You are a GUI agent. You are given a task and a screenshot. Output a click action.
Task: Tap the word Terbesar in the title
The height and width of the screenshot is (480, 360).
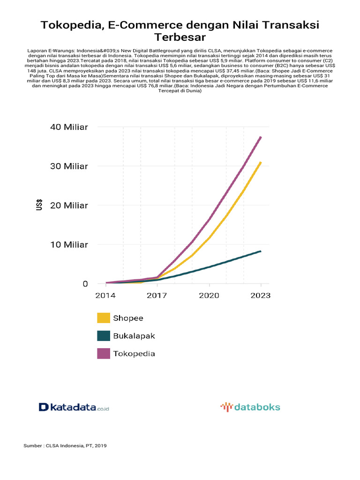(x=180, y=37)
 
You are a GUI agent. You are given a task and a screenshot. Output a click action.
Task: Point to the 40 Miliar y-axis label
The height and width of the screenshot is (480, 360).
(x=69, y=127)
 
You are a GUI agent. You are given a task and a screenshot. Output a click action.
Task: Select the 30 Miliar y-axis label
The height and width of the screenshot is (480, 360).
(x=69, y=166)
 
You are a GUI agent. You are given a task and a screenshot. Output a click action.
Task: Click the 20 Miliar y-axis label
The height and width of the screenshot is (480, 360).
(x=69, y=205)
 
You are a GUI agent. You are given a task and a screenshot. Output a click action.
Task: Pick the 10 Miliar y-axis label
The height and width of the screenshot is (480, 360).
(x=69, y=245)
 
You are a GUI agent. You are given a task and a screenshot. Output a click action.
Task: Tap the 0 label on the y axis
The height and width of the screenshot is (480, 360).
(x=85, y=284)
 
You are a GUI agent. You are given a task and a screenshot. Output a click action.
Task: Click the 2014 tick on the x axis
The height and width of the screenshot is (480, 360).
(x=105, y=295)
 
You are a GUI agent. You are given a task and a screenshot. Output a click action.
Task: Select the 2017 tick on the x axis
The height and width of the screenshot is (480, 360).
(x=157, y=295)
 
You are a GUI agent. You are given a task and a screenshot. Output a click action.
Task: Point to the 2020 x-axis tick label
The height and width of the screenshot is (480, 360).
(x=209, y=295)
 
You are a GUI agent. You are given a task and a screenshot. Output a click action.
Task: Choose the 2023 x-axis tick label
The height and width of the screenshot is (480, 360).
(x=261, y=295)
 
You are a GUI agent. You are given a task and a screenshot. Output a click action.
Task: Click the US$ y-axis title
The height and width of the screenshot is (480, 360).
(x=39, y=205)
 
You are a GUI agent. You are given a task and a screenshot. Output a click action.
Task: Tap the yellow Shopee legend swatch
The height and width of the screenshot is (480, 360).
(x=104, y=318)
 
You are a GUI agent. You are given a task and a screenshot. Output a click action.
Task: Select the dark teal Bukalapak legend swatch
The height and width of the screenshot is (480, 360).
(x=104, y=336)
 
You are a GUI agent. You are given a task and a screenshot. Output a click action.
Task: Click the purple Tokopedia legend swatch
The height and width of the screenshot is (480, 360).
(x=104, y=353)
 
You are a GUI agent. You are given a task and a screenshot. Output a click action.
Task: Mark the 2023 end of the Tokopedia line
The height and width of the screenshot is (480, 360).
(x=261, y=137)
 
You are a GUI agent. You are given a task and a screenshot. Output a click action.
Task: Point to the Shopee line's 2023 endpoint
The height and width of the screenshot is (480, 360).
(x=261, y=162)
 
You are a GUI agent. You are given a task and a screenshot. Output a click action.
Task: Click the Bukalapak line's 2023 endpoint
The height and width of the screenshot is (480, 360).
(x=261, y=251)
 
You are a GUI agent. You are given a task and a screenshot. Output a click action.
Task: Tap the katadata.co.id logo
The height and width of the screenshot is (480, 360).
(x=74, y=407)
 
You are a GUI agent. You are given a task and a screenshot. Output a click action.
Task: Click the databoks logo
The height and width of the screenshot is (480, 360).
(x=250, y=407)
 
